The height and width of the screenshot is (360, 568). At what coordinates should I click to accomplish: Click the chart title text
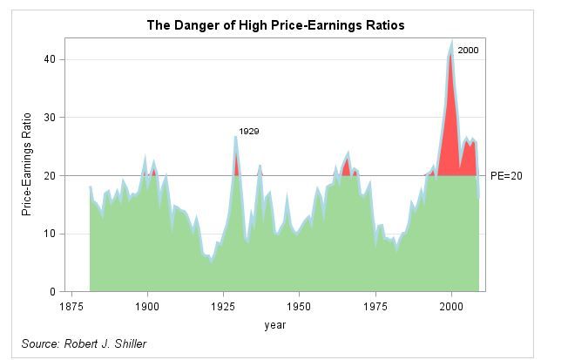click(x=275, y=25)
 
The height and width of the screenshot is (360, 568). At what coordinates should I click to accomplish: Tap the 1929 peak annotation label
click(x=248, y=131)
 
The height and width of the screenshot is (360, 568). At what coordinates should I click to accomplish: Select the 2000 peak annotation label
click(x=468, y=51)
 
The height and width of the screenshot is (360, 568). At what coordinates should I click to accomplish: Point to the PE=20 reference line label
click(x=506, y=176)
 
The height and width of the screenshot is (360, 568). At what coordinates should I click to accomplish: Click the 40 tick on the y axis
click(x=51, y=59)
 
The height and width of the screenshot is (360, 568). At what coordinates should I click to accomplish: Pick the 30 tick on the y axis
click(x=51, y=118)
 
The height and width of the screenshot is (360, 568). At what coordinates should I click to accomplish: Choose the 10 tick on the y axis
click(x=51, y=234)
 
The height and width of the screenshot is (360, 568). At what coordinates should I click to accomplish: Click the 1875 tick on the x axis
click(x=71, y=307)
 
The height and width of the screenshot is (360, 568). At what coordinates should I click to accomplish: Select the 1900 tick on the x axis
click(x=147, y=307)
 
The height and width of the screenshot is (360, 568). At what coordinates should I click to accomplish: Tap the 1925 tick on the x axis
click(x=223, y=307)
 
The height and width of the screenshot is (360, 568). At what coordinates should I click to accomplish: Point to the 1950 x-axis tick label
click(x=299, y=307)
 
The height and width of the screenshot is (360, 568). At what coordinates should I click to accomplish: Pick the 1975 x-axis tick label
click(x=375, y=307)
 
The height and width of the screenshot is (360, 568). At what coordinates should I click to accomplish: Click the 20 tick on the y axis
click(x=51, y=175)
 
